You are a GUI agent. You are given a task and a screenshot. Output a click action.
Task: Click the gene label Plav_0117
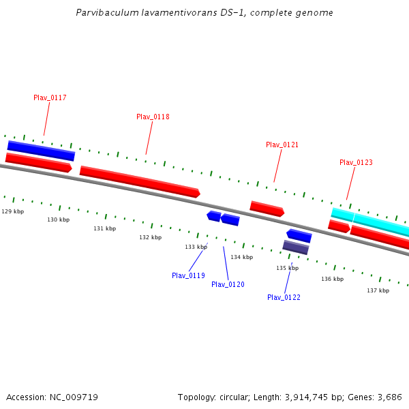(50, 98)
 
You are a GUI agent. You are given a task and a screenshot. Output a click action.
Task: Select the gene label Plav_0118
(153, 117)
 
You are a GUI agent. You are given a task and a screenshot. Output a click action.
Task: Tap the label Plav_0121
(282, 145)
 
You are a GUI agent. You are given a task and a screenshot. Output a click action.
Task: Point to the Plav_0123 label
(356, 163)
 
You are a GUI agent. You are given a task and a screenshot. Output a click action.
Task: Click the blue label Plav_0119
(188, 276)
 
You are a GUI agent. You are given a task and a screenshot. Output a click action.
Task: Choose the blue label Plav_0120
(228, 285)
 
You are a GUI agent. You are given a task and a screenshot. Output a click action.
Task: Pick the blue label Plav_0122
(284, 298)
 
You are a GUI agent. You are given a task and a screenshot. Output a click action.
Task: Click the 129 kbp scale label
(12, 212)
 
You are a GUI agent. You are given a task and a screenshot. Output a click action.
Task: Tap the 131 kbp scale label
(104, 229)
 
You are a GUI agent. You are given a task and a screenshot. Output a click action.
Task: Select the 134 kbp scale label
(241, 258)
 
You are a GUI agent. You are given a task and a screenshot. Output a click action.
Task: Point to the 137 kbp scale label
(378, 291)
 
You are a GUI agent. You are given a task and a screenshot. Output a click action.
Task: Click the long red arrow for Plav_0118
(140, 182)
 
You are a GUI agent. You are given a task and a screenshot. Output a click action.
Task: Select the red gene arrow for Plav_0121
(267, 209)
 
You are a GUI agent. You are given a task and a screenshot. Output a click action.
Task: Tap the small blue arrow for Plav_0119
(214, 216)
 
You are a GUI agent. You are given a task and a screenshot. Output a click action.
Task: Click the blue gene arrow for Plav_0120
(230, 219)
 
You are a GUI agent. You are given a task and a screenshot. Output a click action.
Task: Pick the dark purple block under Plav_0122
(295, 247)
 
